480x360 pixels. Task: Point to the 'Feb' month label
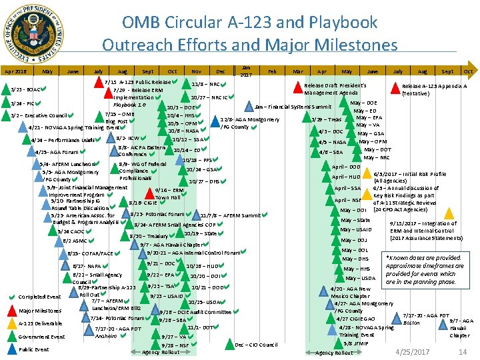pos(271,71)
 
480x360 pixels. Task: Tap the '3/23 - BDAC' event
pos(25,89)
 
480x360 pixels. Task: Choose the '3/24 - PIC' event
pos(22,103)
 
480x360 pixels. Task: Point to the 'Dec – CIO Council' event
pos(257,345)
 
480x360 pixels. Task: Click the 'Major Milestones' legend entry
pos(39,311)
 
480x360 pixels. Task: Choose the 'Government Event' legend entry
pos(41,337)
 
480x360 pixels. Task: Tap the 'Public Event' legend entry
pos(34,349)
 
